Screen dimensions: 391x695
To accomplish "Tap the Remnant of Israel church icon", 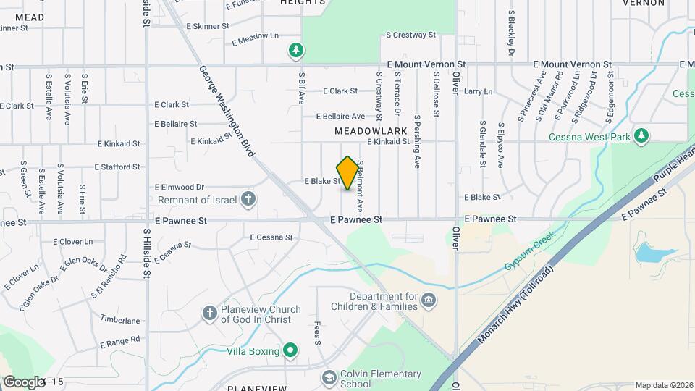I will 248,199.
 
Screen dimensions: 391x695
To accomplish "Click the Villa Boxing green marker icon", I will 291,351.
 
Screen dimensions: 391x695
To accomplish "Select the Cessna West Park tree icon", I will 641,136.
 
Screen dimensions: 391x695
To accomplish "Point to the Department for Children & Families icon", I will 429,300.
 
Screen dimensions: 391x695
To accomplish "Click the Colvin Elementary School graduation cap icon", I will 329,378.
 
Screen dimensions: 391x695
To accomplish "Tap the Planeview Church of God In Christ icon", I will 210,314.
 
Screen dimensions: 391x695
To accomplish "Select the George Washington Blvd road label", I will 227,111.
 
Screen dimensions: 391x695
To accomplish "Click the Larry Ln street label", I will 478,92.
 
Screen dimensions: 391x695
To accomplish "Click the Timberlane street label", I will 120,320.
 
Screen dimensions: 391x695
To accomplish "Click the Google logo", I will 24,382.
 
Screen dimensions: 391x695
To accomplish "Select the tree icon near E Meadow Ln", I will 295,50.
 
